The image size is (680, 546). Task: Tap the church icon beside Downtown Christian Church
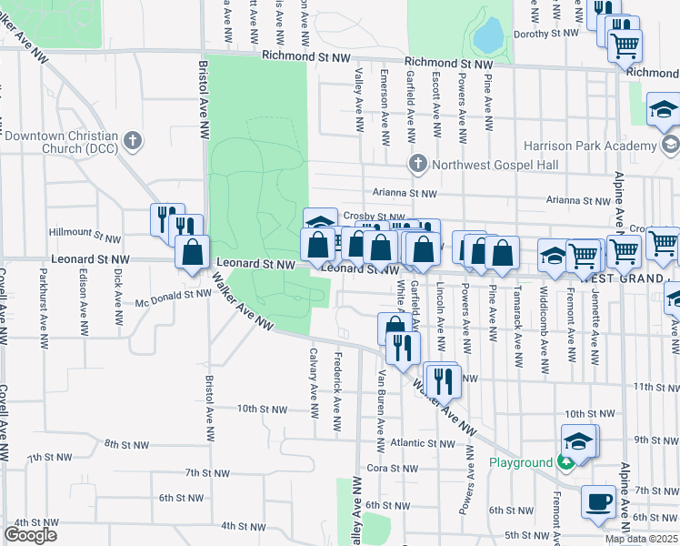coord(133,141)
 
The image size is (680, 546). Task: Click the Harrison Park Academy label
coord(590,145)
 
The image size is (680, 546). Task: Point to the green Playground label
coord(521,462)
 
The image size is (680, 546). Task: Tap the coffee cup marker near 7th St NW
coord(599,502)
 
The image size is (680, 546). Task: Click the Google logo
coord(30,534)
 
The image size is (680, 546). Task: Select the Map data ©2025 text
coord(642,539)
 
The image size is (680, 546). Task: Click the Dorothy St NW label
coord(546,33)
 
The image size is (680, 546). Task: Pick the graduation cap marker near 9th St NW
coord(578,441)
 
